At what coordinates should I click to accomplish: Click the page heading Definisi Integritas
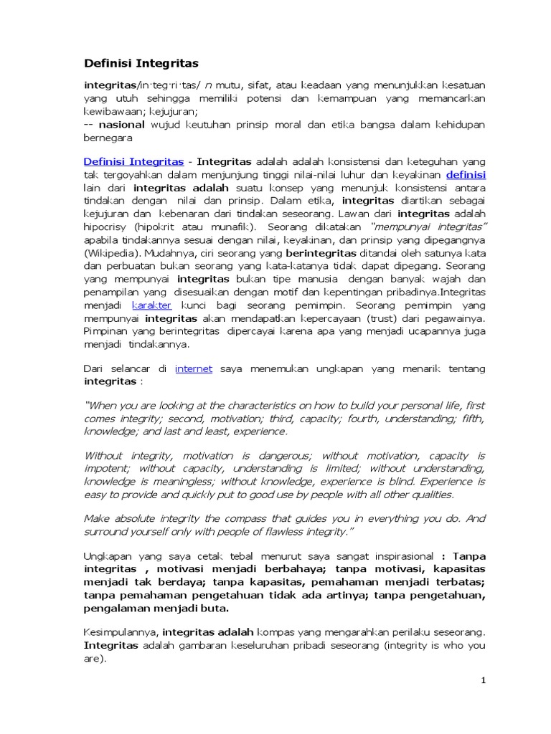tap(141, 64)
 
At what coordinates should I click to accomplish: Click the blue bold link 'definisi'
tap(466, 174)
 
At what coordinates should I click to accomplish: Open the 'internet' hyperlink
tap(194, 368)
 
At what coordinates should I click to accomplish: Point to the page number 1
tap(484, 680)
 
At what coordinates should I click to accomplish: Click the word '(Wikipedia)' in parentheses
tap(110, 253)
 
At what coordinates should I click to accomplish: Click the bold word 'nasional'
tap(120, 125)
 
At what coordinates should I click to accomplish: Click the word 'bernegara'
tap(109, 138)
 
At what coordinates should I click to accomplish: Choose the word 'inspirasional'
tap(399, 556)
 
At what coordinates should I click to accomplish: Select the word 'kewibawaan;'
tap(116, 111)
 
